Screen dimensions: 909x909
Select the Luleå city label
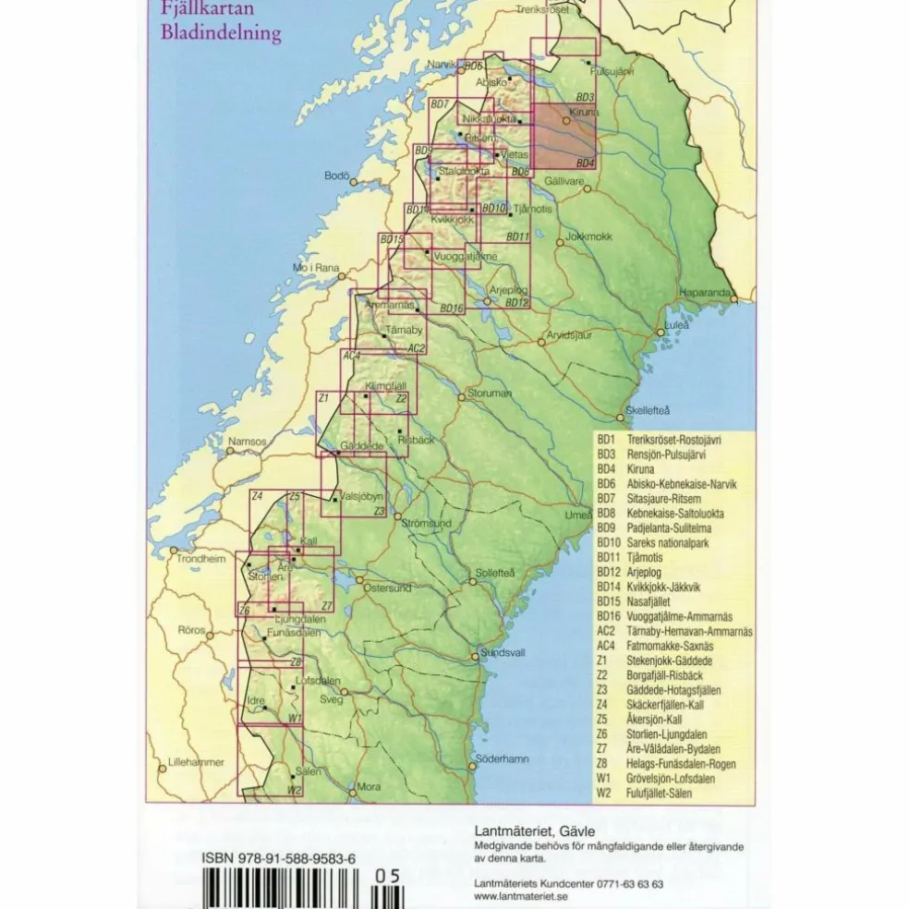click(x=678, y=325)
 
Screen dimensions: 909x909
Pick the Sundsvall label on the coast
click(x=503, y=651)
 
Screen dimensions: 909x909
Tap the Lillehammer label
click(x=191, y=762)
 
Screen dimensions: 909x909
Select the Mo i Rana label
click(x=316, y=268)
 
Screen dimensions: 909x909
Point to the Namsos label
click(x=247, y=442)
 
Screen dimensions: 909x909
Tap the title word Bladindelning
click(x=220, y=35)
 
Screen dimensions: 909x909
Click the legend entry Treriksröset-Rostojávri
click(x=673, y=441)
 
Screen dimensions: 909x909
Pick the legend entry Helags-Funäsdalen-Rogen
click(x=680, y=764)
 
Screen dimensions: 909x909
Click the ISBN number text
click(x=278, y=859)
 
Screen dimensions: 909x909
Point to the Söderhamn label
click(x=503, y=758)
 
